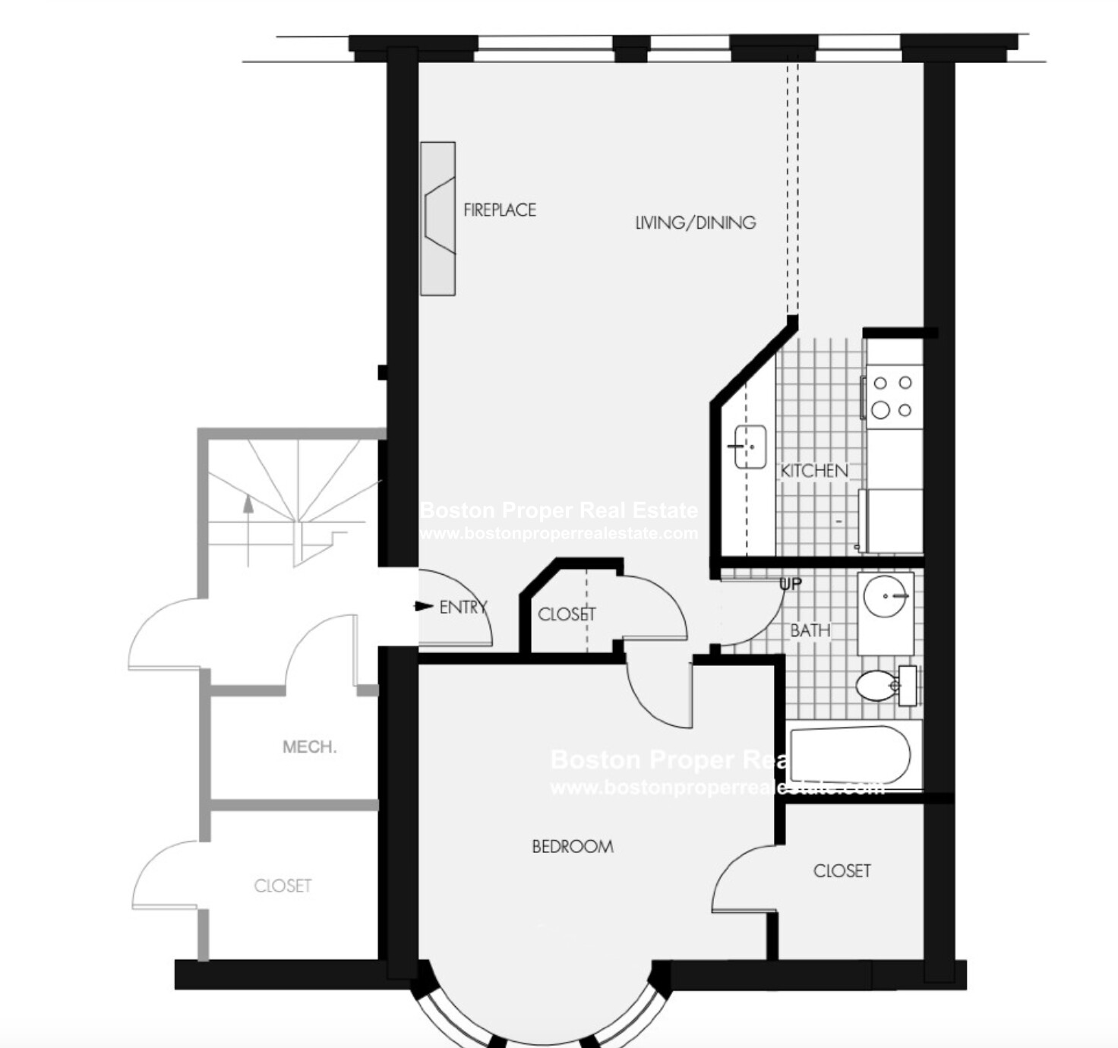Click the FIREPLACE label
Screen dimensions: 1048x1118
point(500,210)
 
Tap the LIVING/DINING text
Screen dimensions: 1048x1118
point(695,223)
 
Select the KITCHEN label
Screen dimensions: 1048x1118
point(814,471)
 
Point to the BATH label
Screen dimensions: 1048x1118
point(810,630)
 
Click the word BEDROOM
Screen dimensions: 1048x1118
point(573,846)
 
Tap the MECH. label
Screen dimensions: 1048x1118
point(309,747)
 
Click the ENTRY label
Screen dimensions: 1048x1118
point(463,607)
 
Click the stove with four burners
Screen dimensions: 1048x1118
point(892,396)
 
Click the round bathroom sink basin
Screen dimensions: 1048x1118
point(886,596)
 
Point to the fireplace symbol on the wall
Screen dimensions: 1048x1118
point(438,218)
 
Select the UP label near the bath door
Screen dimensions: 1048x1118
point(790,584)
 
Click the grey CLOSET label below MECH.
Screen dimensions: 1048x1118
point(283,885)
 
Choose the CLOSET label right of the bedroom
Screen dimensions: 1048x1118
point(842,870)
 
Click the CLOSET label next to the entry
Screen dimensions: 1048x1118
point(567,614)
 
